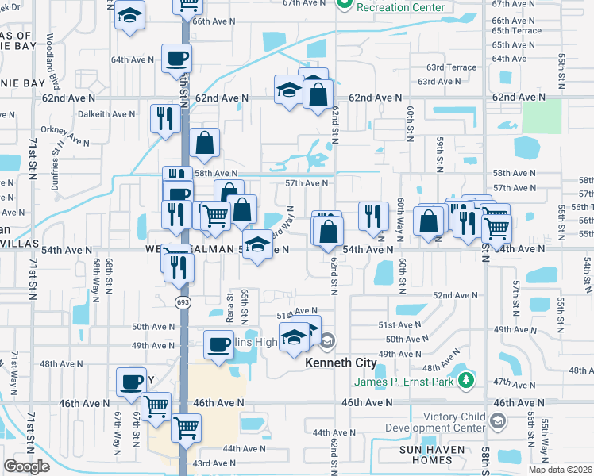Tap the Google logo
pos(27,466)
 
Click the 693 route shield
pos(183,302)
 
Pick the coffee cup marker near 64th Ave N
pos(176,58)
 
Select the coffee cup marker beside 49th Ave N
pos(219,344)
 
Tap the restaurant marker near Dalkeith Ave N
pos(165,119)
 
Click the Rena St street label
pos(231,305)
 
